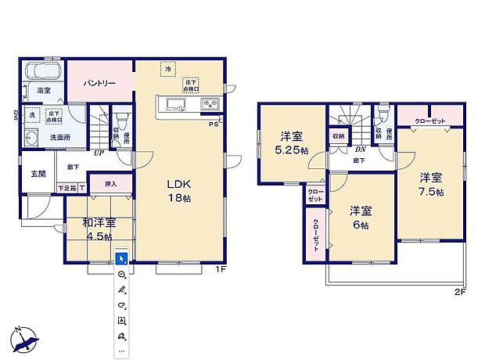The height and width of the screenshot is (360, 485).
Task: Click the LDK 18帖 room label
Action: pyautogui.click(x=178, y=191)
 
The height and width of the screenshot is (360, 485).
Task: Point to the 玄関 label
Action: pyautogui.click(x=38, y=174)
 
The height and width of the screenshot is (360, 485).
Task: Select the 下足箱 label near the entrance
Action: pyautogui.click(x=68, y=188)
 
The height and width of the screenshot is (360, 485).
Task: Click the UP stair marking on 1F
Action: pyautogui.click(x=97, y=153)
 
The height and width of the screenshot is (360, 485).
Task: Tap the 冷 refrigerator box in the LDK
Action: pyautogui.click(x=167, y=70)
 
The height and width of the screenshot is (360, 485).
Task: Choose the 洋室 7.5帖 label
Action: pyautogui.click(x=430, y=184)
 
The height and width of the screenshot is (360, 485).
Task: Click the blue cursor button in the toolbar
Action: pyautogui.click(x=121, y=257)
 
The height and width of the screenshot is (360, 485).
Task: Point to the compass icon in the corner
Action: pyautogui.click(x=23, y=338)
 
